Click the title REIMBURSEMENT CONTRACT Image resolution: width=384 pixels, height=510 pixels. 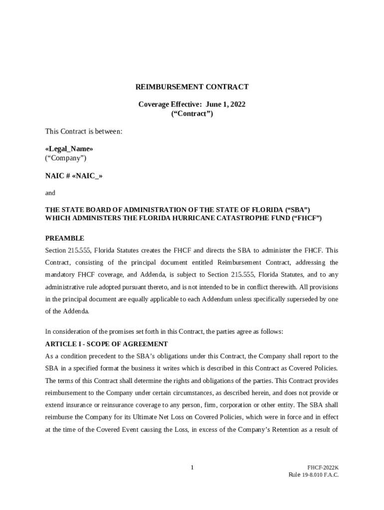[192, 87]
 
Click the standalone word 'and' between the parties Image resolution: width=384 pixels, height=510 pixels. [50, 193]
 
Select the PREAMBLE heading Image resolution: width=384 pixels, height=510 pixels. [64, 238]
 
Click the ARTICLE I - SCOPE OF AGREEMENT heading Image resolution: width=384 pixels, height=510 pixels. [106, 344]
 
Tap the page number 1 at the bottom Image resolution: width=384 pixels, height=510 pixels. [192, 467]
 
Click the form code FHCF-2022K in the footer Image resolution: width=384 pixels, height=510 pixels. [323, 468]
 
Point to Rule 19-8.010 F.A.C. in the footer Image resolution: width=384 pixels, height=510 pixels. [313, 475]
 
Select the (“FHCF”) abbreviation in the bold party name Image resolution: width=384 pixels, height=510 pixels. [307, 218]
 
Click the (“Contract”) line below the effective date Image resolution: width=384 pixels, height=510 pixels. [192, 114]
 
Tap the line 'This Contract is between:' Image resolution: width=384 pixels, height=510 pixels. [83, 131]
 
